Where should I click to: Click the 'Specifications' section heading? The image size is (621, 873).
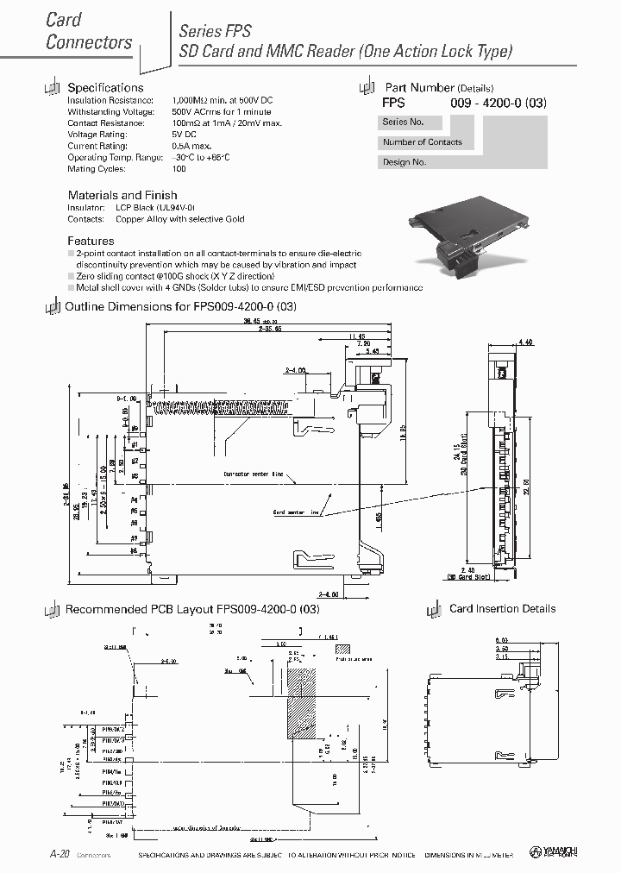[105, 88]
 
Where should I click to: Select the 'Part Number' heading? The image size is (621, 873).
[419, 88]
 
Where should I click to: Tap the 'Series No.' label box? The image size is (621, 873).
[404, 122]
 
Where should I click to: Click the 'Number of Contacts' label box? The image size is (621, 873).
[423, 142]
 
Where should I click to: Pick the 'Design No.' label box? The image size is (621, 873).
[405, 162]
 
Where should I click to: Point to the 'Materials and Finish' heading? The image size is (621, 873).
[122, 195]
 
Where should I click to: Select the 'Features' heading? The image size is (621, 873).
[91, 241]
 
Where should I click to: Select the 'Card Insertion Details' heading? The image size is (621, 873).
[502, 609]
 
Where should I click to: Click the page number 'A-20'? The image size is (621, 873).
[60, 853]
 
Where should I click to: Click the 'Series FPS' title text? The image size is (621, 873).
[215, 31]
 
